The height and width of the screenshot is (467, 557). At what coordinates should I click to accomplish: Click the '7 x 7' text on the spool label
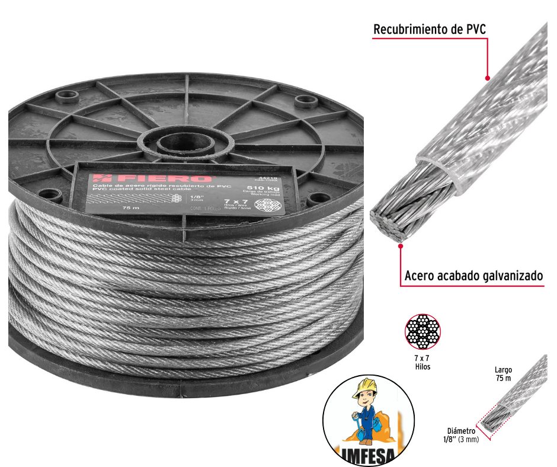click(x=231, y=202)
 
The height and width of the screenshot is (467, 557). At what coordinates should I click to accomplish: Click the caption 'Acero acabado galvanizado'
click(x=474, y=276)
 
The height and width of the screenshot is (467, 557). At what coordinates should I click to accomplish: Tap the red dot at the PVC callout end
click(x=488, y=78)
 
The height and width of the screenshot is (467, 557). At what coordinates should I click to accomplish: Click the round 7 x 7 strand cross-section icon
click(x=422, y=334)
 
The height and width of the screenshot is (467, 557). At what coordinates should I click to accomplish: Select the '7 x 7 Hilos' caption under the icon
click(x=422, y=363)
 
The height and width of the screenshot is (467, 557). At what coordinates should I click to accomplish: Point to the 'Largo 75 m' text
click(x=503, y=374)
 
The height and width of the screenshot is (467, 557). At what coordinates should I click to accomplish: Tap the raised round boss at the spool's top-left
click(x=65, y=95)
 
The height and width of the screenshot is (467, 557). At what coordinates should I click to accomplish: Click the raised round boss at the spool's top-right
click(x=305, y=100)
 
